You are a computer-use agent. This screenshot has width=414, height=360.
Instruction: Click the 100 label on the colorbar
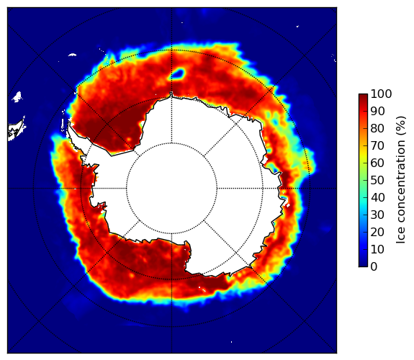point(381,94)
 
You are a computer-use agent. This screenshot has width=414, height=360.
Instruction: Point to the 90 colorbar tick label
point(377,111)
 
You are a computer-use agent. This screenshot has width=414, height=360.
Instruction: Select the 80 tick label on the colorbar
point(377,128)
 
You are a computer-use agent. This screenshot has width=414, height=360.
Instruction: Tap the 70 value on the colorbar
point(377,145)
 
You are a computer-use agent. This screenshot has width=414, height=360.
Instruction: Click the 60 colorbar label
point(377,163)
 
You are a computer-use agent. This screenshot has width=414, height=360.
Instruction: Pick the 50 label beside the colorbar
point(377,181)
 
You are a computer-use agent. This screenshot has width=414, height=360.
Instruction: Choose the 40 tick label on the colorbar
point(377,197)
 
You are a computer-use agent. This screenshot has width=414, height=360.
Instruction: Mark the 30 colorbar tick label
point(377,215)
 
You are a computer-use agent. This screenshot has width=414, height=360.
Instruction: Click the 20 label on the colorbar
point(377,232)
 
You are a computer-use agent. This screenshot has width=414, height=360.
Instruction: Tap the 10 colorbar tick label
point(377,250)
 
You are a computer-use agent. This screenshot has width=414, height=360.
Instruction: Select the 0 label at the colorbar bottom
point(374,267)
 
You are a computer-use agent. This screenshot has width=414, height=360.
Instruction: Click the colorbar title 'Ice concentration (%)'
point(401,180)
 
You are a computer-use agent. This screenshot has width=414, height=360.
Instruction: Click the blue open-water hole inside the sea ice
point(178,73)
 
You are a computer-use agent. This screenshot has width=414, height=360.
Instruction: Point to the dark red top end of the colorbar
point(363,96)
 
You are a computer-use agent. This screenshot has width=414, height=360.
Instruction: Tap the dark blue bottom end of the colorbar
point(363,264)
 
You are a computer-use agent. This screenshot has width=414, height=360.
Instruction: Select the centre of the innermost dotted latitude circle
point(171,189)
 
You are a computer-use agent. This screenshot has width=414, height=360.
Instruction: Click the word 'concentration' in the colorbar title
point(401,187)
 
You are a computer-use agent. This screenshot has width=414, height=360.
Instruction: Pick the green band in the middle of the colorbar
point(363,181)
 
